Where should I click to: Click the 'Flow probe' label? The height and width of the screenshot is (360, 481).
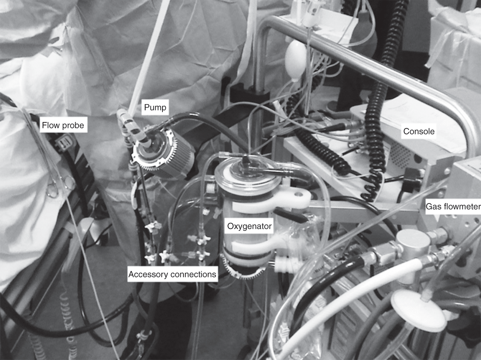[x=63, y=125]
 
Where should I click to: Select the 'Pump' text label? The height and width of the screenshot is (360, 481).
[x=155, y=108]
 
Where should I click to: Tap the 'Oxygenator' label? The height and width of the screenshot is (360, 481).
[x=249, y=226]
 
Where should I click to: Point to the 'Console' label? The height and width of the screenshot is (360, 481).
[x=418, y=131]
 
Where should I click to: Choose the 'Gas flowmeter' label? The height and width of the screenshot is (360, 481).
[x=453, y=206]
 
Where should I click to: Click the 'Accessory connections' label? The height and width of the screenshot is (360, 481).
[x=172, y=274]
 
